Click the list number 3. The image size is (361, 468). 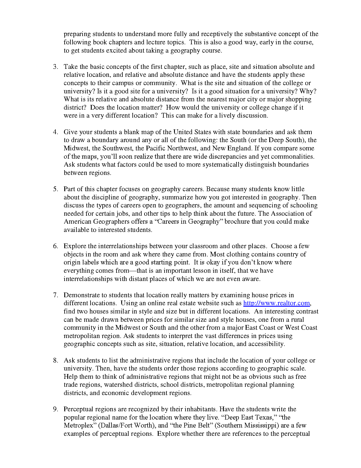click(55, 67)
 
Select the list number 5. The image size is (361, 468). click(55, 189)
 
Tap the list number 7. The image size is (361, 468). click(55, 295)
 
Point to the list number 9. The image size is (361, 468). click(55, 409)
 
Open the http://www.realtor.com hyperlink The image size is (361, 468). click(276, 303)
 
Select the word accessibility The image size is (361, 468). click(266, 344)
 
